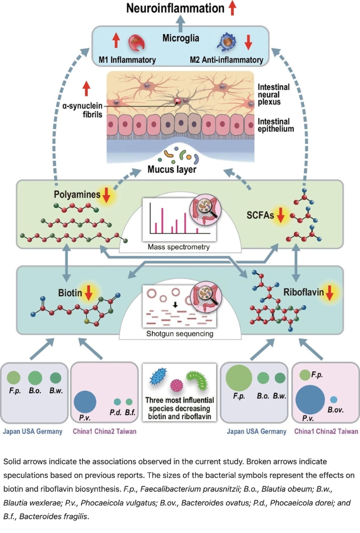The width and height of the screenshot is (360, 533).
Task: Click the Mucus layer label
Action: (180, 167)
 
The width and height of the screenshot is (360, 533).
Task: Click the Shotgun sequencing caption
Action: (179, 335)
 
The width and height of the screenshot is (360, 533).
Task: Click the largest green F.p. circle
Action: (239, 379)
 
